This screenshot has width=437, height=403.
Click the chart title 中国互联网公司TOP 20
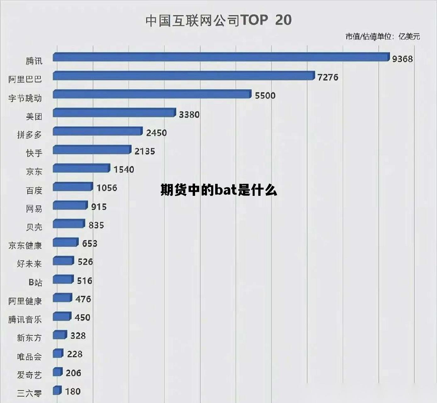pyautogui.click(x=218, y=20)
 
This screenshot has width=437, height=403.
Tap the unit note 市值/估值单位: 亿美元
pyautogui.click(x=383, y=37)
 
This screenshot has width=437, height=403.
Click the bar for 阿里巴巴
pyautogui.click(x=183, y=76)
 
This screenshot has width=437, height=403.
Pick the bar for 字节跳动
pyautogui.click(x=152, y=94)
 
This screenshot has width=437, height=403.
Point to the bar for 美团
pyautogui.click(x=114, y=113)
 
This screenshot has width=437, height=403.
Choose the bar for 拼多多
pyautogui.click(x=98, y=131)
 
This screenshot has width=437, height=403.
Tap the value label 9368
pyautogui.click(x=402, y=59)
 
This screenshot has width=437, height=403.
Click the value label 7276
pyautogui.click(x=328, y=77)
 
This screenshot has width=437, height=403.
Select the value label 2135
pyautogui.click(x=145, y=151)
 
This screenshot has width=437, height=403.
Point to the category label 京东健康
pyautogui.click(x=25, y=245)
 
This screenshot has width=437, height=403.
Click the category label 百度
pyautogui.click(x=34, y=190)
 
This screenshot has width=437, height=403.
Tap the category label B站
pyautogui.click(x=35, y=282)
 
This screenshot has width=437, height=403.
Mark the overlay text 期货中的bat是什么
pyautogui.click(x=219, y=190)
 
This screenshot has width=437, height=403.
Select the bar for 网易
pyautogui.click(x=70, y=205)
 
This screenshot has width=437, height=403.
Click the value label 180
pyautogui.click(x=73, y=391)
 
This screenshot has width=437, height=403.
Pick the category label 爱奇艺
pyautogui.click(x=29, y=375)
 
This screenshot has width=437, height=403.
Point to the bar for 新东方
pyautogui.click(x=60, y=335)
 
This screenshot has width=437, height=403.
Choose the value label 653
pyautogui.click(x=90, y=243)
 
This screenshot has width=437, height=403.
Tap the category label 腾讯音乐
pyautogui.click(x=25, y=319)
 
